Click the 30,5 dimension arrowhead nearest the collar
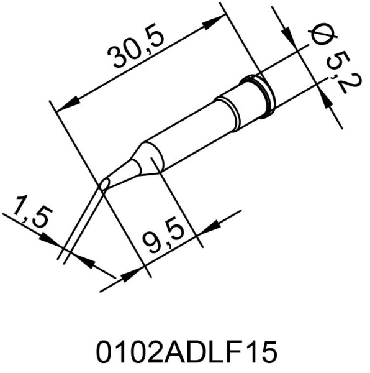215,22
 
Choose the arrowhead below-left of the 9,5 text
132,274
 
